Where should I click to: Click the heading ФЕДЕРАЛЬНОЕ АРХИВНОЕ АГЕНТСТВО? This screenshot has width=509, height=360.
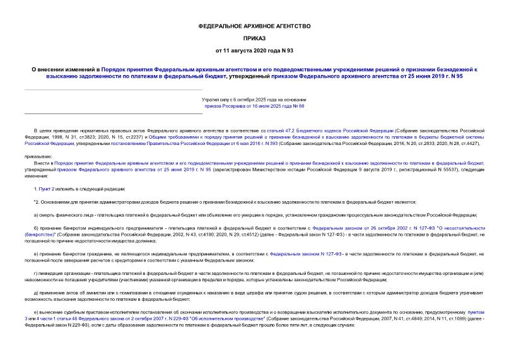point(254,26)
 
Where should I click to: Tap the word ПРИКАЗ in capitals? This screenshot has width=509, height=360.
point(254,38)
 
